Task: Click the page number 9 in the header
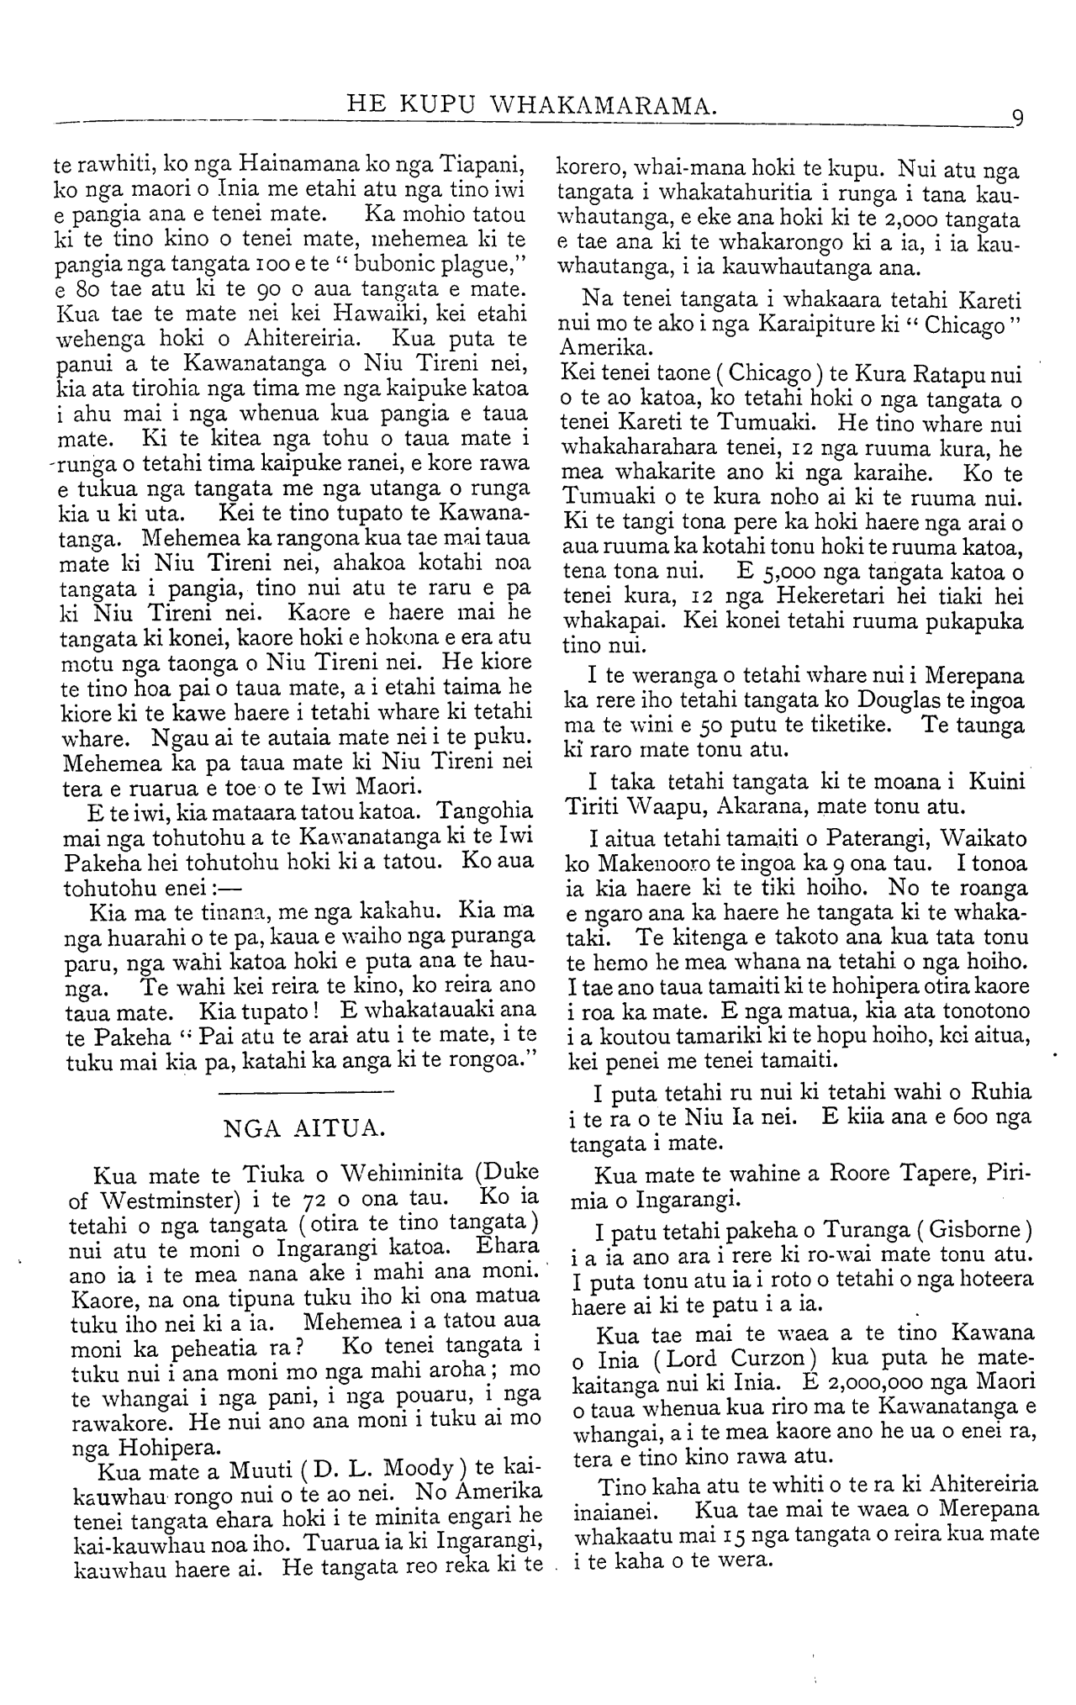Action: coord(1016,117)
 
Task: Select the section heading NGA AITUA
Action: coord(305,1129)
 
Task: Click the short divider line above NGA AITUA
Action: coord(305,1092)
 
